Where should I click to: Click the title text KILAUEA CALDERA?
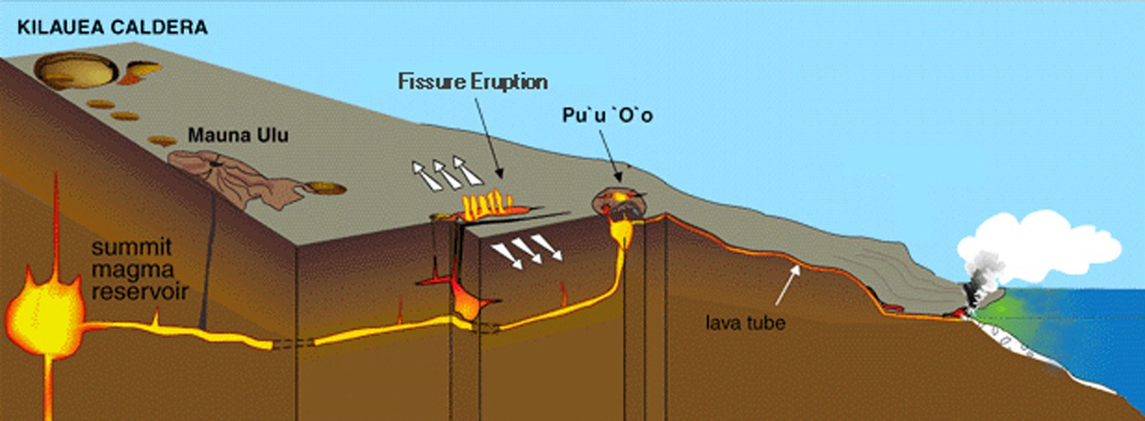click(x=112, y=28)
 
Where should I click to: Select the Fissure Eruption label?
click(x=472, y=81)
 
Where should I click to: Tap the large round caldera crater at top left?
click(x=76, y=71)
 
